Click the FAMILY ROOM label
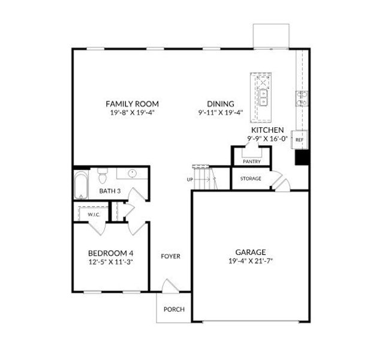[132, 104]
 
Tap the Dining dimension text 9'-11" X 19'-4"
[221, 113]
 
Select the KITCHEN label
[267, 130]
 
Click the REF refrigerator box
[299, 140]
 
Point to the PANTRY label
[252, 161]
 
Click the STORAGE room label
[251, 179]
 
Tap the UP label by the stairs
[190, 179]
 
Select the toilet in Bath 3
[103, 176]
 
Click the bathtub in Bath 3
[81, 185]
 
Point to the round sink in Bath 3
[132, 173]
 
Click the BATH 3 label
[110, 191]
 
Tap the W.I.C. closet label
[94, 215]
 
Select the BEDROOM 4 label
[111, 253]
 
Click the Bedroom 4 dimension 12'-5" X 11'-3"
[110, 262]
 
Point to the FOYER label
[170, 256]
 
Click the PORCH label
[174, 310]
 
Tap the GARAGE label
[251, 252]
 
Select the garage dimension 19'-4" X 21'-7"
[251, 261]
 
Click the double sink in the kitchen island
[263, 98]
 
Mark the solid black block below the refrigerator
[302, 157]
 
